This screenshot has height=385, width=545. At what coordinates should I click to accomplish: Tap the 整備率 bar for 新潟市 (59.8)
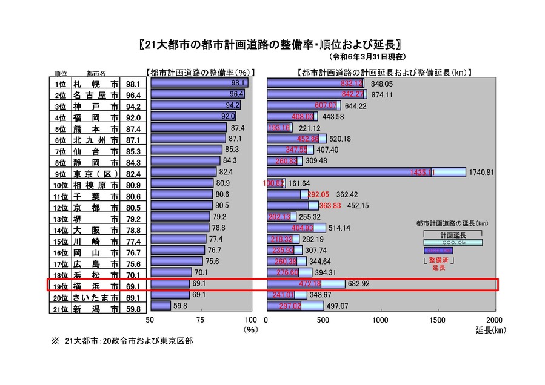(x=161, y=306)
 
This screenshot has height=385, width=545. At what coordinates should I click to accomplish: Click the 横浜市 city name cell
(x=96, y=284)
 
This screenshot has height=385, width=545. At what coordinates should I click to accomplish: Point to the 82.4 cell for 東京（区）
(x=133, y=173)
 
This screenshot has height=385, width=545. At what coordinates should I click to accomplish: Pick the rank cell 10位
(x=59, y=184)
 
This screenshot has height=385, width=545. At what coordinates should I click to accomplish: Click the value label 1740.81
(x=482, y=173)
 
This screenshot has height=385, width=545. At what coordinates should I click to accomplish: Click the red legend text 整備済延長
(x=438, y=263)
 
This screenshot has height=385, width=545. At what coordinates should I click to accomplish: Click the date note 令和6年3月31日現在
(x=368, y=57)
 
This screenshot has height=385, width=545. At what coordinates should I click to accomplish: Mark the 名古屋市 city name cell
(x=96, y=95)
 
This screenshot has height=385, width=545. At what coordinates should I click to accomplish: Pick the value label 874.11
(x=383, y=95)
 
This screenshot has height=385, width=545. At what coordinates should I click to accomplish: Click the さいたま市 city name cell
(x=96, y=295)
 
